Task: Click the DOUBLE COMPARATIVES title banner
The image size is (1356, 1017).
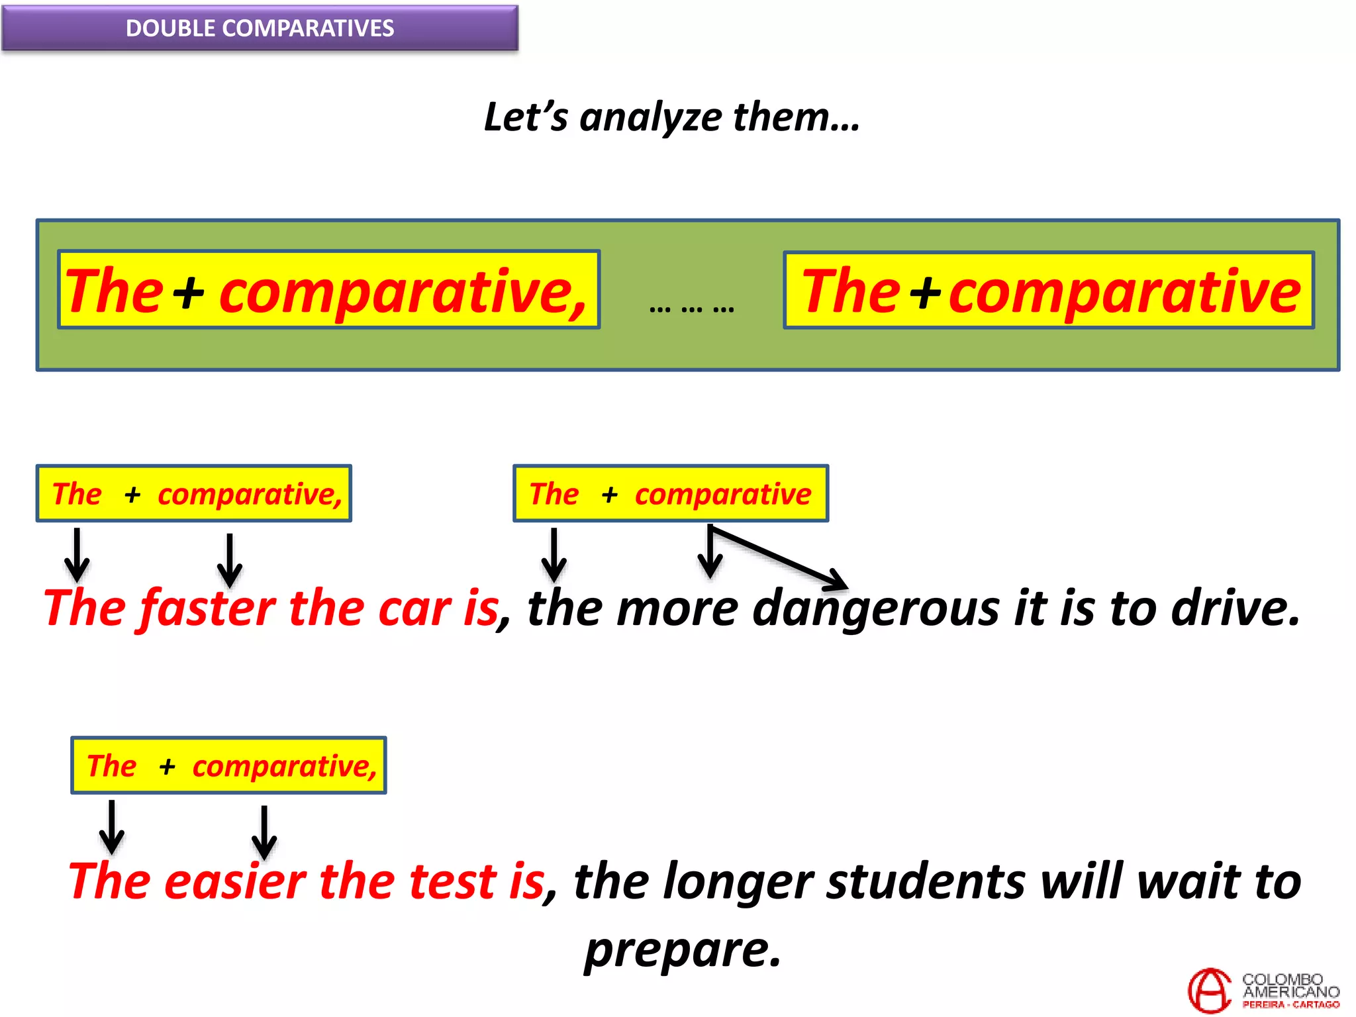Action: pos(260,28)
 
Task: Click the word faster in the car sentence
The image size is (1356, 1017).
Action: pos(208,608)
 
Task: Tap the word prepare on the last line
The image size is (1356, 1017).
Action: pos(682,950)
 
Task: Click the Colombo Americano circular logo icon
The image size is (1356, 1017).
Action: pos(1210,991)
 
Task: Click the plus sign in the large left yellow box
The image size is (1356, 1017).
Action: pos(189,292)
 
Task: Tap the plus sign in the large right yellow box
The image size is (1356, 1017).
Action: pos(925,292)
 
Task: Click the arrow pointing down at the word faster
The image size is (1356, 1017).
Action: pos(230,560)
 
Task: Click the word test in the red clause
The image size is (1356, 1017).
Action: pos(453,883)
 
